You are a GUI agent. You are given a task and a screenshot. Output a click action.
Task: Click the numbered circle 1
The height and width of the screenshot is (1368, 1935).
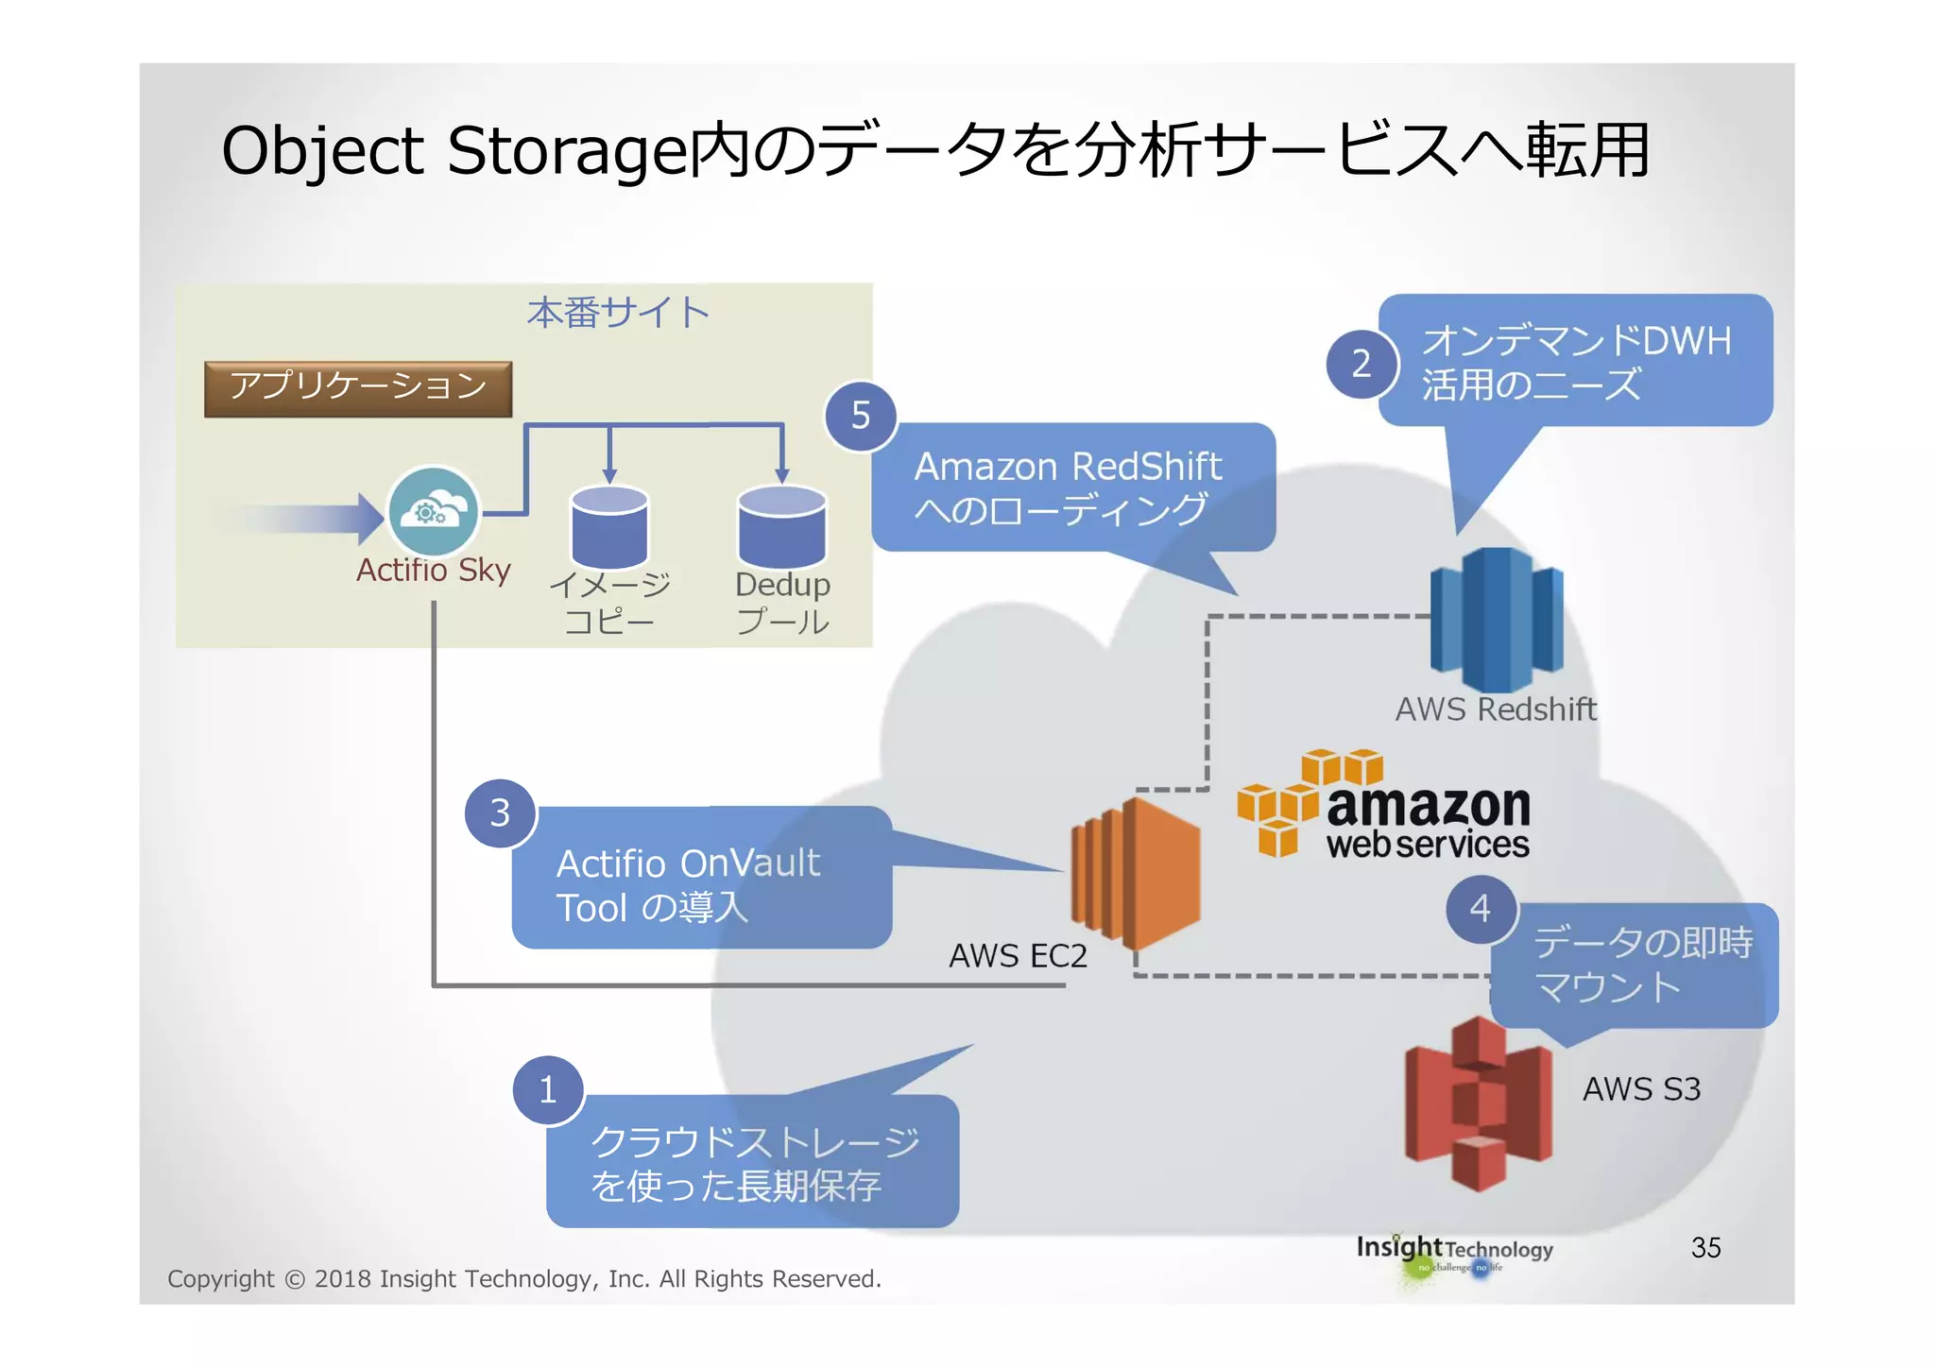point(548,1090)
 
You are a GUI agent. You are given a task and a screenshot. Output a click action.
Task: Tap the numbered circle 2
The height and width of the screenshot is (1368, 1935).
point(1361,364)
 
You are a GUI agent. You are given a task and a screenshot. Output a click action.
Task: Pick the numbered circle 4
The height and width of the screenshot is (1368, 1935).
point(1481,909)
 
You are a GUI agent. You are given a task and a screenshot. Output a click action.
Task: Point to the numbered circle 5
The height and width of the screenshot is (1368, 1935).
point(860,416)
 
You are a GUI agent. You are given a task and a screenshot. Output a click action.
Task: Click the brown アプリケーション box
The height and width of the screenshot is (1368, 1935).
point(358,388)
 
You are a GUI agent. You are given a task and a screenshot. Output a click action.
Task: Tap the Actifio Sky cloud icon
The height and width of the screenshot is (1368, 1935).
point(434,512)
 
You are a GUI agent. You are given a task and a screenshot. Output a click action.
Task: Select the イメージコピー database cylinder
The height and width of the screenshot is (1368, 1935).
point(609,526)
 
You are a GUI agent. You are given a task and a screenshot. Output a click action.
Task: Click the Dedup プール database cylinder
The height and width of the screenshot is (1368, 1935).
point(781,526)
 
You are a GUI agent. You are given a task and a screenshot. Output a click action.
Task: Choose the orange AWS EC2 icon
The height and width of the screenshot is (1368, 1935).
point(1137,873)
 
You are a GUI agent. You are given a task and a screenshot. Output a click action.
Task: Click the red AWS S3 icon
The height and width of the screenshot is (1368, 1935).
point(1479,1103)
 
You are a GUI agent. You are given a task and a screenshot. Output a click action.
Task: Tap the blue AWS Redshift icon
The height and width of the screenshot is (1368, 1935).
point(1497,619)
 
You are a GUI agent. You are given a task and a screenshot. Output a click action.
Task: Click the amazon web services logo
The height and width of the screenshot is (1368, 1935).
point(1385,806)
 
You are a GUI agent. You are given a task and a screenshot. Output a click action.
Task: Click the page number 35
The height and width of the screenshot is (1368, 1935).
point(1705,1247)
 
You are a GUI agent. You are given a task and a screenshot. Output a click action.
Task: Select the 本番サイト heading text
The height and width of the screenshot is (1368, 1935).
point(618,313)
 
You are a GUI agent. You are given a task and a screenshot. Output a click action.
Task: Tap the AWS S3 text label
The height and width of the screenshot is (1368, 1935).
point(1641,1089)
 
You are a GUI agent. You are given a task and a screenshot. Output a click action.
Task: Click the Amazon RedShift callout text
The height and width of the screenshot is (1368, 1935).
point(1068,488)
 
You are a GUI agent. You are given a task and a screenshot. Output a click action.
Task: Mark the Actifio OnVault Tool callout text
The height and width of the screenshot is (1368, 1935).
point(688,885)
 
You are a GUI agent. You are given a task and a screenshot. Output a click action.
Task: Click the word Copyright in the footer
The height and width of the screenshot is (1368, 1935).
point(220,1279)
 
